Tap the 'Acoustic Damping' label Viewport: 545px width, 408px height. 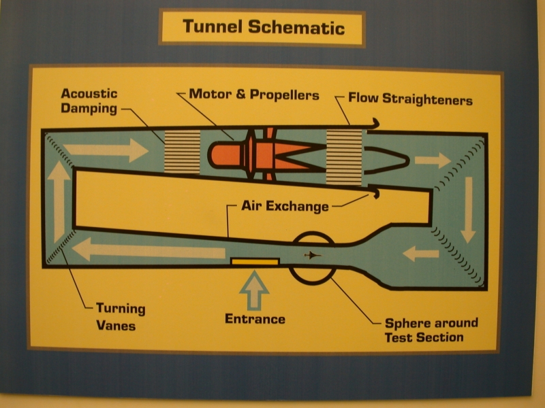89,101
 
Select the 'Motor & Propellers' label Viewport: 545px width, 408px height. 253,95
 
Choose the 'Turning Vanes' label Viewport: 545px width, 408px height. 121,317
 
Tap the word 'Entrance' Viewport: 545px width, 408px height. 255,319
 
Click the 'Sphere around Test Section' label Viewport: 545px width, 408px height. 431,330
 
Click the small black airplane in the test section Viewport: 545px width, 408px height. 311,256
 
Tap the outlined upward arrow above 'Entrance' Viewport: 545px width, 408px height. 254,288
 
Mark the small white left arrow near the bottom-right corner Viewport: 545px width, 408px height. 420,254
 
